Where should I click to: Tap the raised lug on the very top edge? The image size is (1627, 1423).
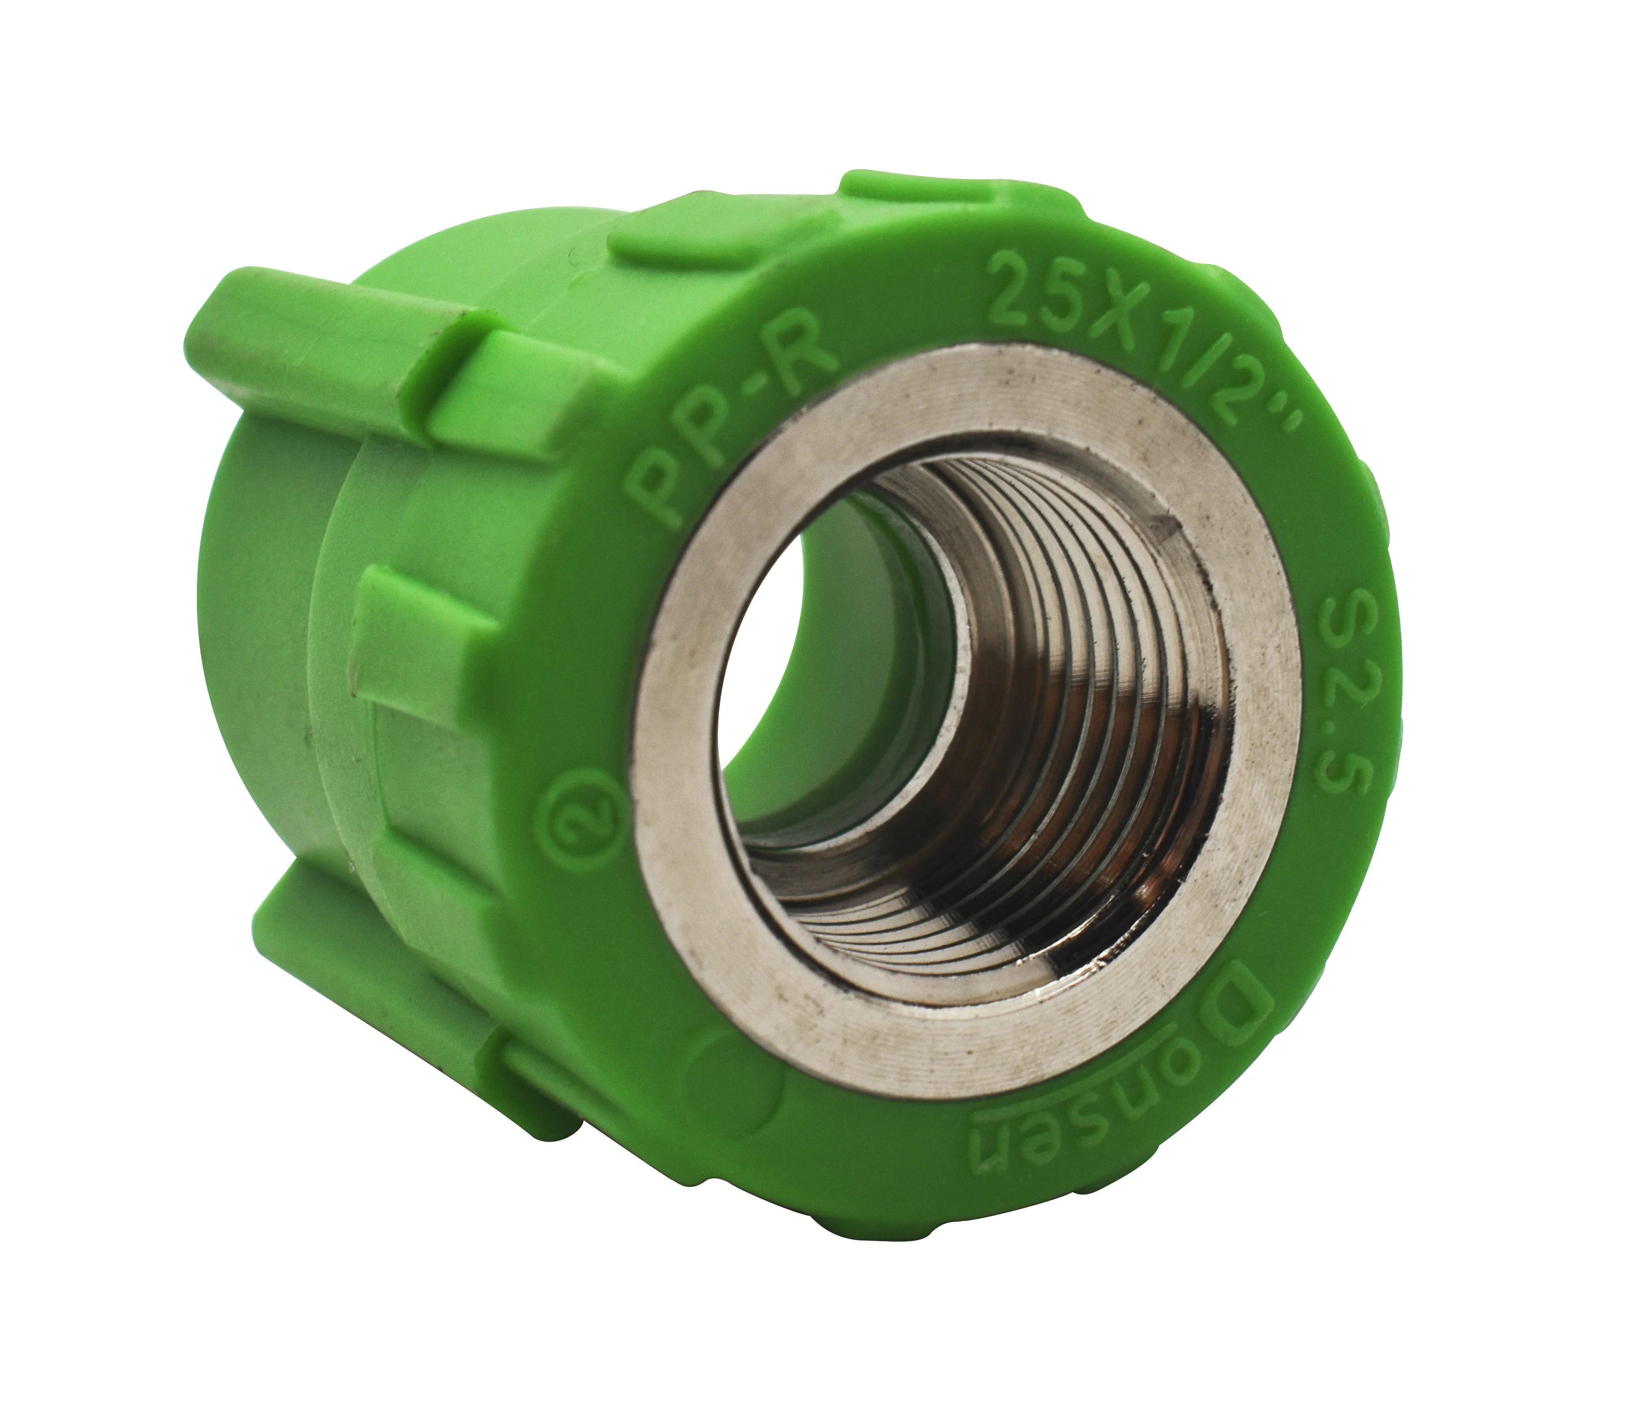(953, 198)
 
